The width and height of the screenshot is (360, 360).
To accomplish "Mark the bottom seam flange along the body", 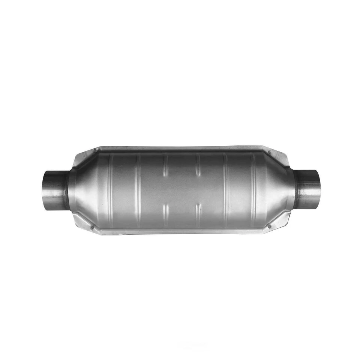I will point(180,231).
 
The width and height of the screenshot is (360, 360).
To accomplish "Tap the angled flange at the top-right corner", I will point(279,157).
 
